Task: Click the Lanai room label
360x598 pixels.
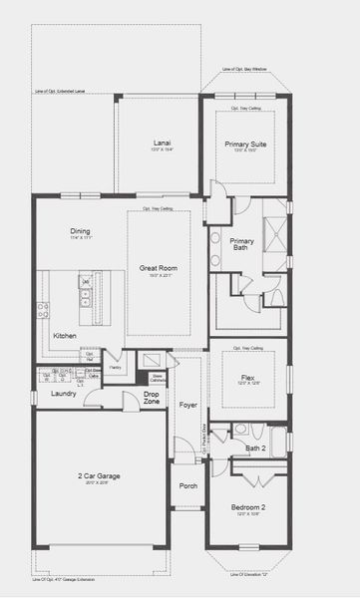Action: [x=163, y=143]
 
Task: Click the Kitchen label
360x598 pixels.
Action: [x=66, y=337]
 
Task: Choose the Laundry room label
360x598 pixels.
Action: [x=63, y=394]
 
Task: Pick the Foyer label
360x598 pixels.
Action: [x=187, y=407]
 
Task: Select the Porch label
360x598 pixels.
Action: [x=187, y=485]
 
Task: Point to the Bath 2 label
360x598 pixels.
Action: [x=255, y=448]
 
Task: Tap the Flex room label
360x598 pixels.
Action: [x=246, y=378]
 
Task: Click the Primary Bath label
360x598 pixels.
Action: [x=241, y=245]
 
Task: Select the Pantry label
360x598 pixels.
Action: [x=116, y=367]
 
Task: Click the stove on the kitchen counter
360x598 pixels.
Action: [x=43, y=310]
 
